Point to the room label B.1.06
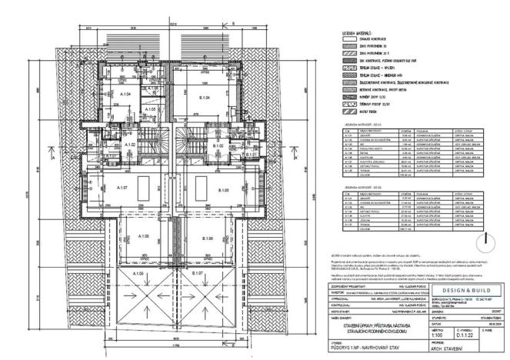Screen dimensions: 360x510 point(205,239)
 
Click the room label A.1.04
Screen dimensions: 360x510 point(125,95)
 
